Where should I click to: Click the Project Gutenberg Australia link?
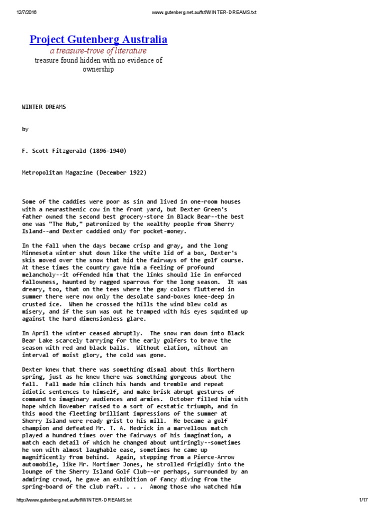98,40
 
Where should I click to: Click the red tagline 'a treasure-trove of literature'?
98,51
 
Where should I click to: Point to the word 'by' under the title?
25,129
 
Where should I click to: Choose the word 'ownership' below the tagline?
98,69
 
